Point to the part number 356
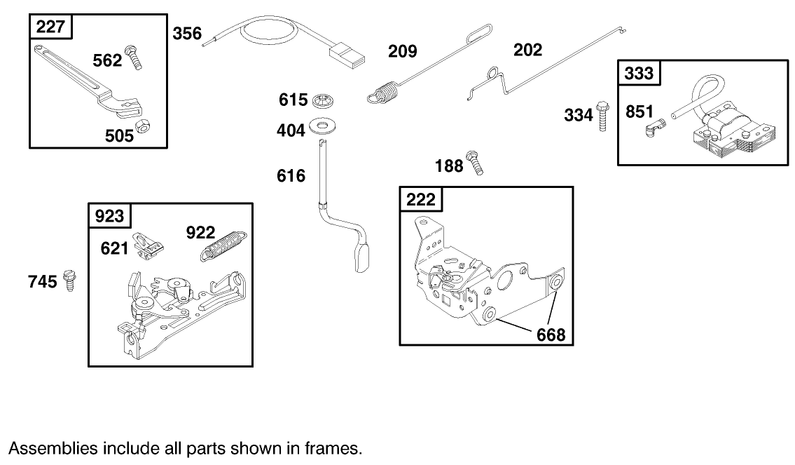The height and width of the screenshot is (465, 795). (187, 33)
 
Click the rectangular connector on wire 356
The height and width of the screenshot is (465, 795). (346, 54)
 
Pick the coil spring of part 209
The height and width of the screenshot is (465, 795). (382, 93)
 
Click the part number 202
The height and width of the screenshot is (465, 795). (527, 50)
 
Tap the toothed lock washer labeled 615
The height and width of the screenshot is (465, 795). (324, 100)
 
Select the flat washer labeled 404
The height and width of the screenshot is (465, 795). (324, 128)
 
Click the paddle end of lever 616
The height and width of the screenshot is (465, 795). (364, 257)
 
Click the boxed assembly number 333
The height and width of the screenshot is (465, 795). (639, 73)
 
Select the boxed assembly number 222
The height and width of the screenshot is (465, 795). (420, 199)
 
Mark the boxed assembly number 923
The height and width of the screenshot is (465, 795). (109, 216)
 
